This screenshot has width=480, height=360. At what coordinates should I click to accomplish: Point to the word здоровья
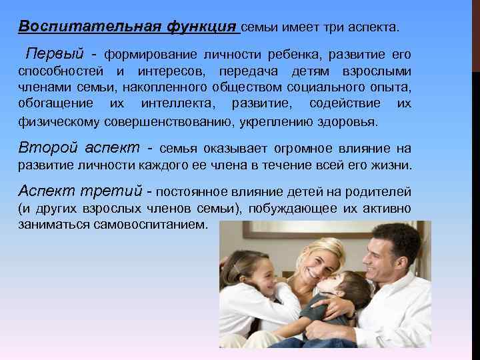click(x=349, y=123)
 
